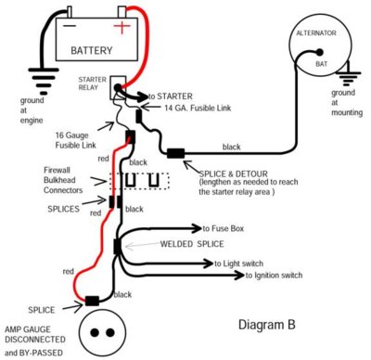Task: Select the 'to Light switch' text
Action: (244, 264)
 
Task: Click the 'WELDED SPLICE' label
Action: (169, 245)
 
